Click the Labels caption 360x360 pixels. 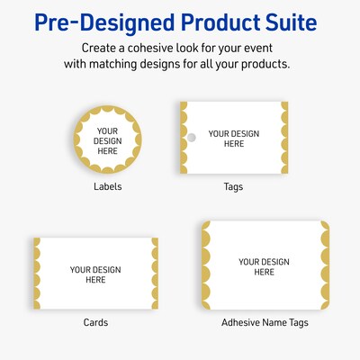107,187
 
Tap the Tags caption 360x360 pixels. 233,187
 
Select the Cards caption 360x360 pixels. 95,322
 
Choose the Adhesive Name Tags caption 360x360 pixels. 264,322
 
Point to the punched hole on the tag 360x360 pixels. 191,138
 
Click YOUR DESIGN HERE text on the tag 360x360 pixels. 233,139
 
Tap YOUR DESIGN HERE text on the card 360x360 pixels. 95,274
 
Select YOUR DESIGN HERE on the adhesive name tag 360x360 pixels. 264,266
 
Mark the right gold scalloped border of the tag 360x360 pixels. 283,138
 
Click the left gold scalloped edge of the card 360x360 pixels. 37,274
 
